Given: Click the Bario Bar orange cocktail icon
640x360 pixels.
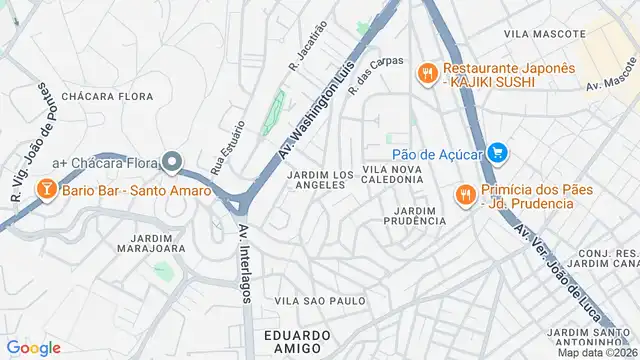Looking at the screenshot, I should pyautogui.click(x=46, y=189).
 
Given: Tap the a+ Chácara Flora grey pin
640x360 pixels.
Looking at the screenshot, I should pyautogui.click(x=172, y=161).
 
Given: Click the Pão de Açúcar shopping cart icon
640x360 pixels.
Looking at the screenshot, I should pyautogui.click(x=498, y=153).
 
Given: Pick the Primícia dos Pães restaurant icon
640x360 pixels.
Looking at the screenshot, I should pyautogui.click(x=465, y=195).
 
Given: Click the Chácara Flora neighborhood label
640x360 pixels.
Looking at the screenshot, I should pyautogui.click(x=107, y=96).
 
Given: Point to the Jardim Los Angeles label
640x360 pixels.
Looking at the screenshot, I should pyautogui.click(x=320, y=180).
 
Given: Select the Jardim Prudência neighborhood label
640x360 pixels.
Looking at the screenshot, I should pyautogui.click(x=415, y=215).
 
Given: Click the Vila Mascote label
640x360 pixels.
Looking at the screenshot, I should pyautogui.click(x=544, y=34).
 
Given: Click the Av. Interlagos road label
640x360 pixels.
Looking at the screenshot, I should pyautogui.click(x=246, y=262).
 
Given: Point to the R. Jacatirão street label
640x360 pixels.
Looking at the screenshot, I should pyautogui.click(x=308, y=51).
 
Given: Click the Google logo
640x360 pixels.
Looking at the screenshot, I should pyautogui.click(x=33, y=347).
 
